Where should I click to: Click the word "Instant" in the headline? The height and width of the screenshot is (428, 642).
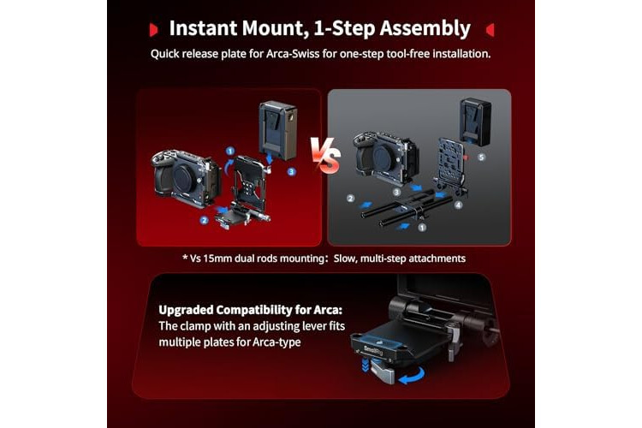pyautogui.click(x=203, y=28)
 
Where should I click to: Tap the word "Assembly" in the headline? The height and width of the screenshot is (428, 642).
pyautogui.click(x=425, y=29)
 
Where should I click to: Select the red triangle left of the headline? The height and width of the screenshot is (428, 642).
pyautogui.click(x=154, y=30)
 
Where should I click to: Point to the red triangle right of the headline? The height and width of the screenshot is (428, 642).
pyautogui.click(x=490, y=30)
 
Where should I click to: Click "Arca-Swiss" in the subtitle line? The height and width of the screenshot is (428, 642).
pyautogui.click(x=293, y=54)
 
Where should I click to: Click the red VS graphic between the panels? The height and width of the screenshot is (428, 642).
pyautogui.click(x=325, y=155)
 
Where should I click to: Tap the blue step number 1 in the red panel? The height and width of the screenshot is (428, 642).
pyautogui.click(x=230, y=152)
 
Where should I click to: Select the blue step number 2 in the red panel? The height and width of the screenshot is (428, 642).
pyautogui.click(x=205, y=220)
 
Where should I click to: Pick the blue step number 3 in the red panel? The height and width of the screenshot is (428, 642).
pyautogui.click(x=292, y=171)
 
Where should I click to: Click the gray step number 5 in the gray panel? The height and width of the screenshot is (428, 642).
pyautogui.click(x=481, y=157)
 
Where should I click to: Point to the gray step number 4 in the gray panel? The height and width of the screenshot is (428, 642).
pyautogui.click(x=459, y=205)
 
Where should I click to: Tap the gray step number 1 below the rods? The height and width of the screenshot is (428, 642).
pyautogui.click(x=422, y=227)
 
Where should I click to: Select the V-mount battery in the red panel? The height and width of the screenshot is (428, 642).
pyautogui.click(x=277, y=130)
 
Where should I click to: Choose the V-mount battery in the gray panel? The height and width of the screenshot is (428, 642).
pyautogui.click(x=475, y=122)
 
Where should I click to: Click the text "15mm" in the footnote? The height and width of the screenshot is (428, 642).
pyautogui.click(x=217, y=259)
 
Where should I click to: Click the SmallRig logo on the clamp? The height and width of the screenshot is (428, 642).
pyautogui.click(x=373, y=350)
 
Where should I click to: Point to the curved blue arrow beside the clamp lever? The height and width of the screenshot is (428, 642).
pyautogui.click(x=412, y=375)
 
